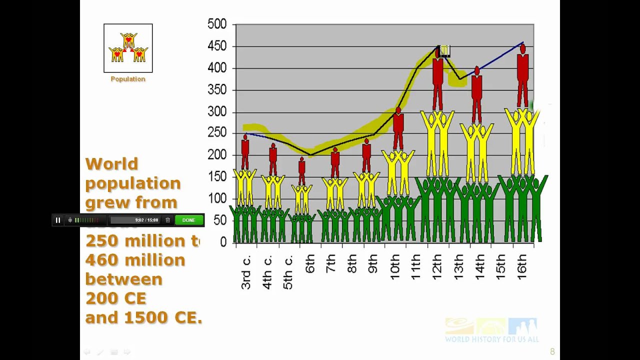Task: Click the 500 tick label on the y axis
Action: (217, 24)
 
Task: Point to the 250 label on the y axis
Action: (217, 133)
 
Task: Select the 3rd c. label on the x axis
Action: (245, 272)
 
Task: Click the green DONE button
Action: (189, 220)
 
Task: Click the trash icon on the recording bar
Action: (168, 220)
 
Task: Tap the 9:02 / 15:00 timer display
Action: (146, 220)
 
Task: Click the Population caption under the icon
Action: (128, 79)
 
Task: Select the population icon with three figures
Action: (128, 48)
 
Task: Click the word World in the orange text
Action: (111, 164)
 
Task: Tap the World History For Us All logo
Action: (491, 330)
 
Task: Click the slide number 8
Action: (552, 351)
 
